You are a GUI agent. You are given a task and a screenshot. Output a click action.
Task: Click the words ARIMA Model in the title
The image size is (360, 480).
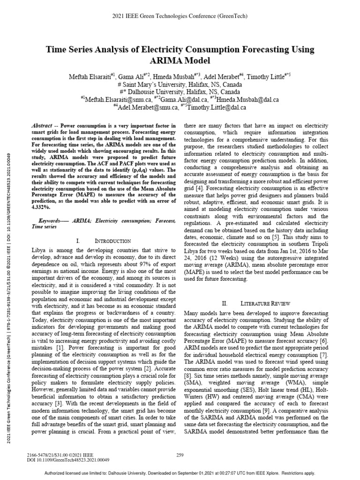click(x=180, y=60)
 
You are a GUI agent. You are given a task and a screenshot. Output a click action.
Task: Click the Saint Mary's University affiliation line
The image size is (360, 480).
click(x=180, y=85)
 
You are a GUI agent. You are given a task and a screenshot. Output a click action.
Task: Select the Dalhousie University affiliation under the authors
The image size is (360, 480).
click(x=180, y=92)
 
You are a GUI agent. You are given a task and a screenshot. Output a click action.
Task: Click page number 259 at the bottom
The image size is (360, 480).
click(x=180, y=455)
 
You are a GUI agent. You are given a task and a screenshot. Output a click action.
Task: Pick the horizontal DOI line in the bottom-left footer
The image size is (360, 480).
click(x=66, y=460)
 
